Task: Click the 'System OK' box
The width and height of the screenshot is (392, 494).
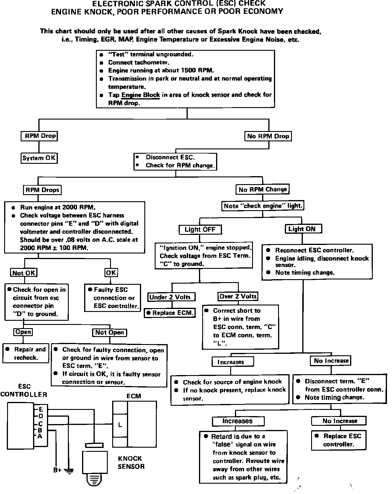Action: (x=39, y=158)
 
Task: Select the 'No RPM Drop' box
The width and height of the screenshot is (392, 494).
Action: (x=268, y=136)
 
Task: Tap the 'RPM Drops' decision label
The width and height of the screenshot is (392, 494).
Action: (x=42, y=190)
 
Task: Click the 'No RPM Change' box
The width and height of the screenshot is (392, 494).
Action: (x=262, y=189)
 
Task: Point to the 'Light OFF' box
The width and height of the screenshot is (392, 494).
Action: (x=200, y=229)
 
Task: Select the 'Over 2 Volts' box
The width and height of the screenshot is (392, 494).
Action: (x=238, y=296)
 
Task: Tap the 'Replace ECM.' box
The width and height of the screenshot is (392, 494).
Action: (x=170, y=313)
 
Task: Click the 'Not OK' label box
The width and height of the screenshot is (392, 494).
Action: (x=24, y=273)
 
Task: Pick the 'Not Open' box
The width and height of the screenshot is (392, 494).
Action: (x=110, y=333)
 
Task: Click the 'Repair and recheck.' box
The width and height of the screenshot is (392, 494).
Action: (x=26, y=353)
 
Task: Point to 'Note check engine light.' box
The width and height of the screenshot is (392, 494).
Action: (x=263, y=206)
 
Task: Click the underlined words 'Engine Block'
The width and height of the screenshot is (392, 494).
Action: (x=141, y=95)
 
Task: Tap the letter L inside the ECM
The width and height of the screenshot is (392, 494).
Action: (x=120, y=425)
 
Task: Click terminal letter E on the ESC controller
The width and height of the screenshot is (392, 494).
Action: (x=41, y=409)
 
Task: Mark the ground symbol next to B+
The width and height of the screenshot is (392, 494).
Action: (x=69, y=470)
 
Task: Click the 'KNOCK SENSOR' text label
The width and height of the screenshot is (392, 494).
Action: (x=131, y=462)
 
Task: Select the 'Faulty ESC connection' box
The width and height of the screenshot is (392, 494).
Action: (x=112, y=298)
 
